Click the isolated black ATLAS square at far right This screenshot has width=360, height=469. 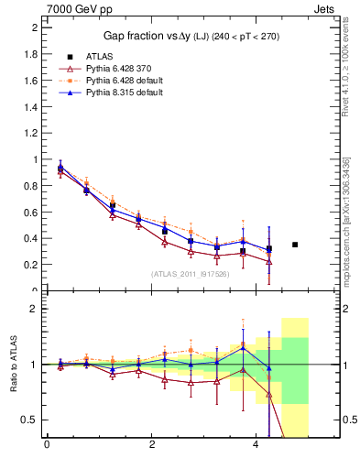295,245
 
